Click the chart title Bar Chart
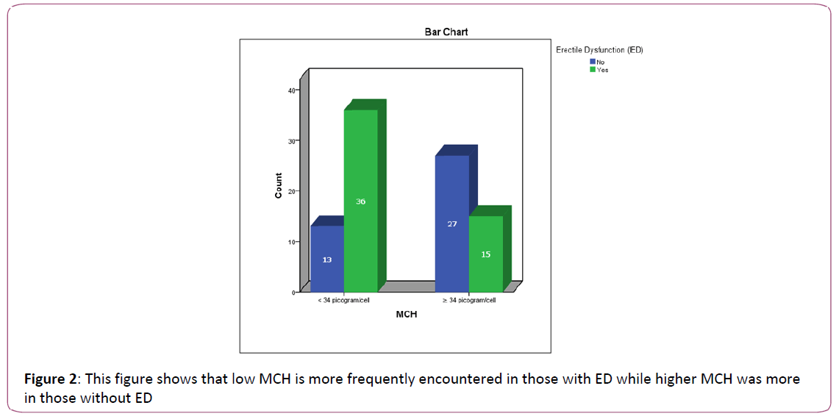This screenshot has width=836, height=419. (446, 32)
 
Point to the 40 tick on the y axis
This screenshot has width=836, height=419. (292, 90)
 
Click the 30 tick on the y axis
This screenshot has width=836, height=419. (292, 140)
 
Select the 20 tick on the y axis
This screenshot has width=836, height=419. (292, 191)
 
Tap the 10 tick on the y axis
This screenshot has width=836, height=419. (292, 242)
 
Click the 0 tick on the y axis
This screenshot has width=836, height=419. (293, 292)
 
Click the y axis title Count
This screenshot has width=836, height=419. (279, 185)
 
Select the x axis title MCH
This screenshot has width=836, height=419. (407, 315)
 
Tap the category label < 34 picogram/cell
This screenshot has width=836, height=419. (344, 300)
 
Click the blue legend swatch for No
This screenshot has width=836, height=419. (593, 62)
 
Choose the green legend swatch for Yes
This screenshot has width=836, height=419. (593, 70)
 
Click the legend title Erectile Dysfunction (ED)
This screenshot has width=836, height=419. (599, 50)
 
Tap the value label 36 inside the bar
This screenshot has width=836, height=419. (360, 201)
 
